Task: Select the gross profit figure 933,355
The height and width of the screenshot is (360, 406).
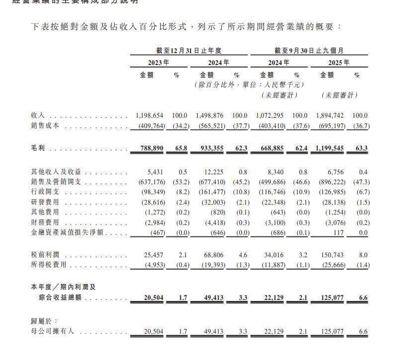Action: point(210,148)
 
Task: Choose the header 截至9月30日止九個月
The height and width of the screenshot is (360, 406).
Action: point(309,50)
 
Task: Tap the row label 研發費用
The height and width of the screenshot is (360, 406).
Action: point(45,202)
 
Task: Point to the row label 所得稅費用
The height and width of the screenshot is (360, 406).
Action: point(49,265)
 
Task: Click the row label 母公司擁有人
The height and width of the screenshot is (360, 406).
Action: point(52,331)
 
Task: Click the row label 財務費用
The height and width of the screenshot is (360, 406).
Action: point(45,223)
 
